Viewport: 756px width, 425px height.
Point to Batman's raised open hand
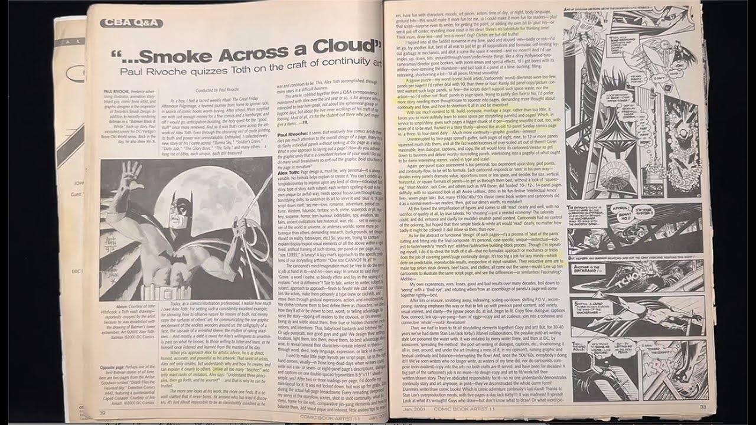[131, 178]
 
